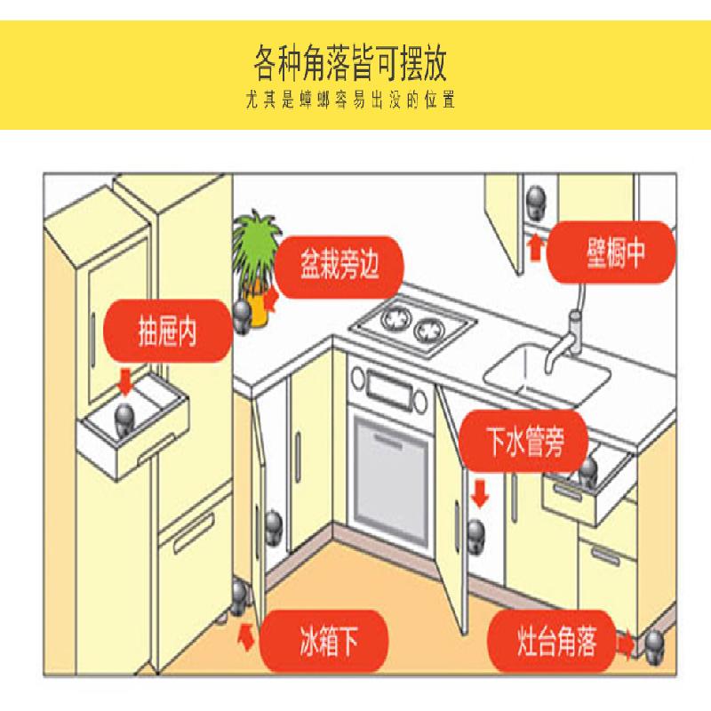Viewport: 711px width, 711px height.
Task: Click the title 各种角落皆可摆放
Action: (x=350, y=62)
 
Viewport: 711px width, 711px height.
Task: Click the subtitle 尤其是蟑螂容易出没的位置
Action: (x=350, y=100)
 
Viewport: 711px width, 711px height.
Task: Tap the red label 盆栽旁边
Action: (x=340, y=267)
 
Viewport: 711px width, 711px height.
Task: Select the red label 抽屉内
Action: (x=168, y=331)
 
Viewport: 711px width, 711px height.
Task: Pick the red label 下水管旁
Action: (x=523, y=441)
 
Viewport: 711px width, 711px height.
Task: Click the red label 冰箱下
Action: (x=324, y=641)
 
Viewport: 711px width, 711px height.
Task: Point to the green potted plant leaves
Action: (x=256, y=247)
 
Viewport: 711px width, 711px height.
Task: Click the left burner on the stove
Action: (x=395, y=317)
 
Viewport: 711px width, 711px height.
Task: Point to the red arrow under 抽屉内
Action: (x=124, y=382)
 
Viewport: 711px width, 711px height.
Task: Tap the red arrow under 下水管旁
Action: (x=479, y=494)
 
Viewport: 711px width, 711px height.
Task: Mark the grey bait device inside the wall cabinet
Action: (x=536, y=204)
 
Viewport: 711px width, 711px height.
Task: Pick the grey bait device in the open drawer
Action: (x=123, y=419)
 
